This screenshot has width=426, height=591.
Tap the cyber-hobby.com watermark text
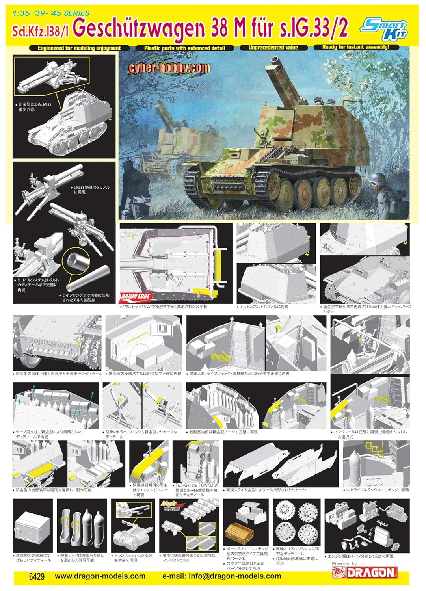169,68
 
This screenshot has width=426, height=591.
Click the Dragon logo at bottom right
371,572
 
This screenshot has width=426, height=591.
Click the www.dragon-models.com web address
100,576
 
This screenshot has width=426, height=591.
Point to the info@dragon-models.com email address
222,576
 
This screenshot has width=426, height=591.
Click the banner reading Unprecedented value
273,48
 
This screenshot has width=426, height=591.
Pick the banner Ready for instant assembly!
355,47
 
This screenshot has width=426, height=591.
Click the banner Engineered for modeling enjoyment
79,48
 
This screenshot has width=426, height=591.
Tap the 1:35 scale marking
20,13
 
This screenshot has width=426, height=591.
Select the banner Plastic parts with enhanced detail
184,48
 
